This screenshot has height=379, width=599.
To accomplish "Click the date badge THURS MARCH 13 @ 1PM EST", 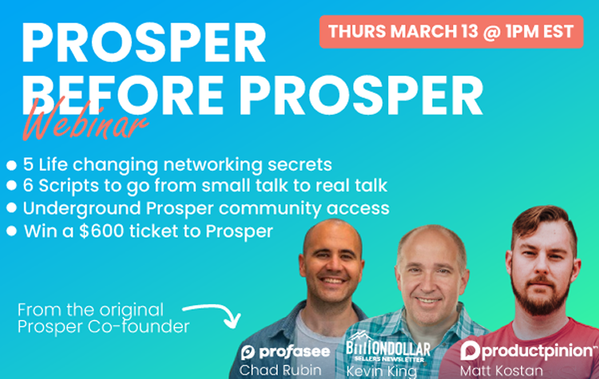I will [x=451, y=33].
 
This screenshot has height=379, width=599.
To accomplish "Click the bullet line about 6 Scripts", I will [x=200, y=187].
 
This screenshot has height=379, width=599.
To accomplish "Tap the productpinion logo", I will [x=527, y=352].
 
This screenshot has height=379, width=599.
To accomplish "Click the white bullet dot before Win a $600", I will [x=11, y=231].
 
